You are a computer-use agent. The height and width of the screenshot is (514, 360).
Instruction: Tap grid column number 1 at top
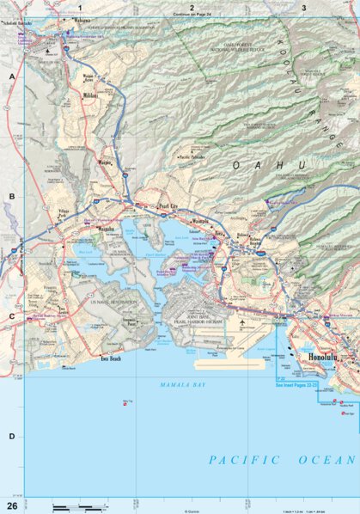[x=80, y=7]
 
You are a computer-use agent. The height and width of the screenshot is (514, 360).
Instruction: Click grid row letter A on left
[x=12, y=76]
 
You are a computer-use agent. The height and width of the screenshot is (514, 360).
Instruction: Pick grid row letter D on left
[x=12, y=437]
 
